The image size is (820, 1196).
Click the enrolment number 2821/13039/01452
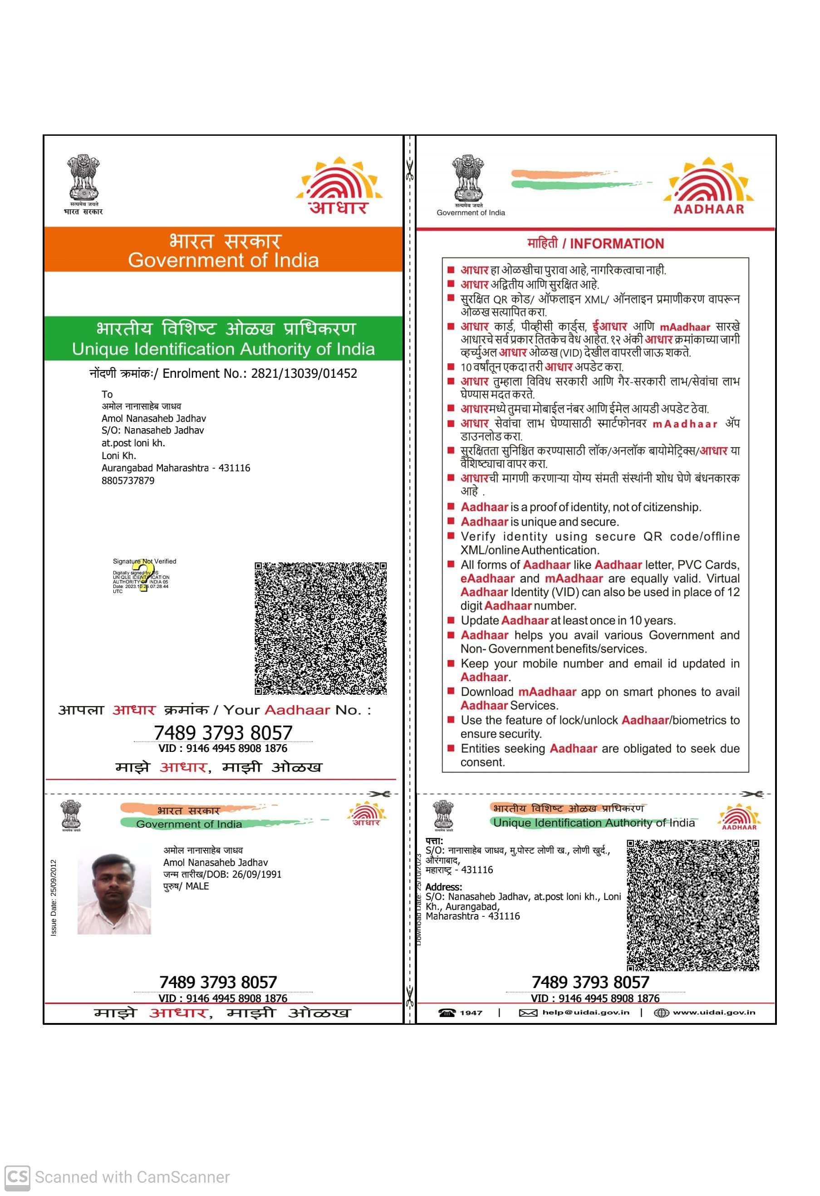tap(304, 374)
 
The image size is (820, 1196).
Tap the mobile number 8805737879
tap(128, 481)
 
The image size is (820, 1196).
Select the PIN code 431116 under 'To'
tap(234, 468)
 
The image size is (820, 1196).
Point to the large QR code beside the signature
tap(320, 628)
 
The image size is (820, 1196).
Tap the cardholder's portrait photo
tap(114, 894)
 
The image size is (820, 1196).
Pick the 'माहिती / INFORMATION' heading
tap(595, 243)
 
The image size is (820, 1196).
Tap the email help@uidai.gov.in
tap(585, 1012)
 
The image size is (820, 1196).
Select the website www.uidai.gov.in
tap(713, 1012)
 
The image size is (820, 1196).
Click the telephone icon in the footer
tap(447, 1013)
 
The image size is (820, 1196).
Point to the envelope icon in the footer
tap(528, 1013)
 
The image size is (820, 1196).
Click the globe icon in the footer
tap(661, 1013)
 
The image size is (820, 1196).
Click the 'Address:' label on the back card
tap(443, 887)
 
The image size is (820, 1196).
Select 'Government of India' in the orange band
tap(223, 260)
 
